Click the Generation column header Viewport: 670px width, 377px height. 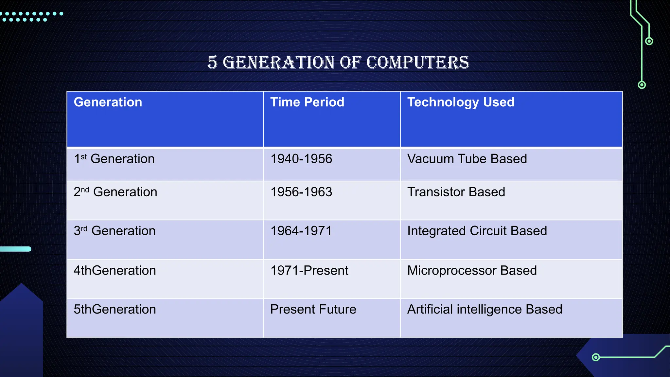click(x=108, y=102)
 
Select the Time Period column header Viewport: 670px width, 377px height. click(x=307, y=102)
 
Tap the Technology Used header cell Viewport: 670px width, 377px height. click(x=461, y=102)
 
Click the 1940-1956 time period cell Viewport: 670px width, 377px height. click(x=301, y=159)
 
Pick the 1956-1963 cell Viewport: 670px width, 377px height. click(x=301, y=192)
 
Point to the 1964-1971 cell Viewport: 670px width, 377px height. click(x=301, y=231)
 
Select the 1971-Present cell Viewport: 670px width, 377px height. click(x=309, y=271)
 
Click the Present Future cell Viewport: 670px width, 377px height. click(x=313, y=310)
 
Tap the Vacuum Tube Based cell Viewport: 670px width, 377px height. click(x=467, y=159)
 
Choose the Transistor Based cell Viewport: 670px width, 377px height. click(x=456, y=192)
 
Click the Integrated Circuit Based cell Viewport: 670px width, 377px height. click(x=477, y=231)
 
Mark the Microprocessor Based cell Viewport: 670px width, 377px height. click(x=472, y=271)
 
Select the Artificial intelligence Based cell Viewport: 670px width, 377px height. click(x=485, y=310)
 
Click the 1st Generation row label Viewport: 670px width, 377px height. click(x=114, y=159)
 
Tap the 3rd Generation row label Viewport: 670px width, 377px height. click(x=115, y=231)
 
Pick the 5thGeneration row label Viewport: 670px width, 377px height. click(x=115, y=310)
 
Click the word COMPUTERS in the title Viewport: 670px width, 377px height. click(x=417, y=62)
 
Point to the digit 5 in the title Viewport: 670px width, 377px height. click(x=212, y=62)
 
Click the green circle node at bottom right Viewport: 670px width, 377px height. click(x=596, y=357)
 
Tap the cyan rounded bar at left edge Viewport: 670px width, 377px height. click(x=16, y=249)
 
